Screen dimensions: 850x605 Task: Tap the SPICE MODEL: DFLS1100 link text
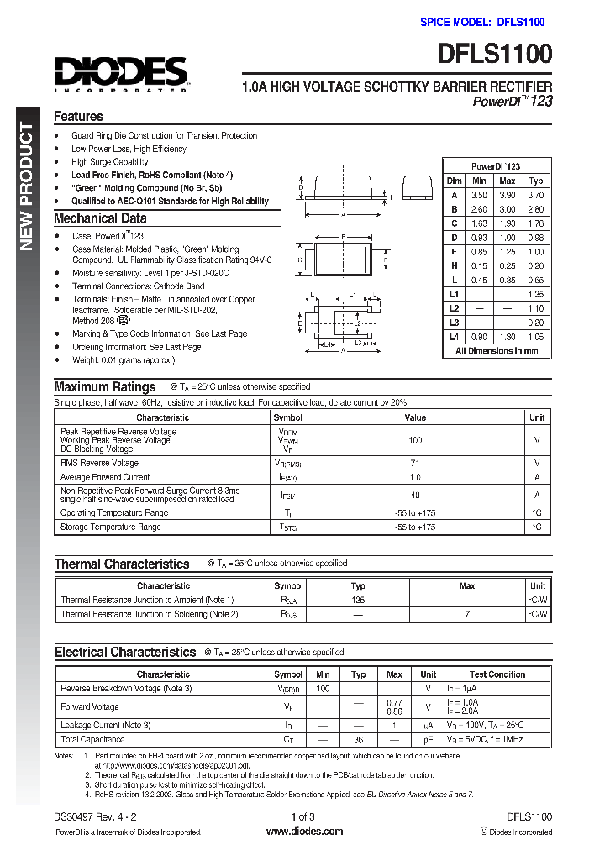[x=482, y=23]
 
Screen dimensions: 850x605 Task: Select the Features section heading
[x=78, y=117]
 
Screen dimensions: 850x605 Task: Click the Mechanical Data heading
[x=100, y=218]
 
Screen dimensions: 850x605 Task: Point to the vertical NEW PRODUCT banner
[x=26, y=186]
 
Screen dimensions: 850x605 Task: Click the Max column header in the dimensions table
[x=508, y=181]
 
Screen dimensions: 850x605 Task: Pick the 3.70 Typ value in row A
[x=536, y=195]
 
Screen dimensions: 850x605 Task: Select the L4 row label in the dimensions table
[x=455, y=337]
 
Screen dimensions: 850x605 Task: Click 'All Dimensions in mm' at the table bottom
[x=497, y=351]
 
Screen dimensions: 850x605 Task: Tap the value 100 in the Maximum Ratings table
[x=415, y=440]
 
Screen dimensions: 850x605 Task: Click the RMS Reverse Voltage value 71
[x=415, y=463]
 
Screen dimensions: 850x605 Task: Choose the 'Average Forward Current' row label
[x=105, y=477]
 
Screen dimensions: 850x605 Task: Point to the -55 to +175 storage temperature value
[x=415, y=527]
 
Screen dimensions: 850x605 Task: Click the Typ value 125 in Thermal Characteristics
[x=358, y=601]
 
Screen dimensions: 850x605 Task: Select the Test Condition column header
[x=497, y=674]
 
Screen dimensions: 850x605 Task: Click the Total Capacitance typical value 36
[x=358, y=740]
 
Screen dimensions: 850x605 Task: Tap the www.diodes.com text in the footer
[x=304, y=832]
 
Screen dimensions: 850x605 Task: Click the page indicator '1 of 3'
[x=303, y=816]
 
